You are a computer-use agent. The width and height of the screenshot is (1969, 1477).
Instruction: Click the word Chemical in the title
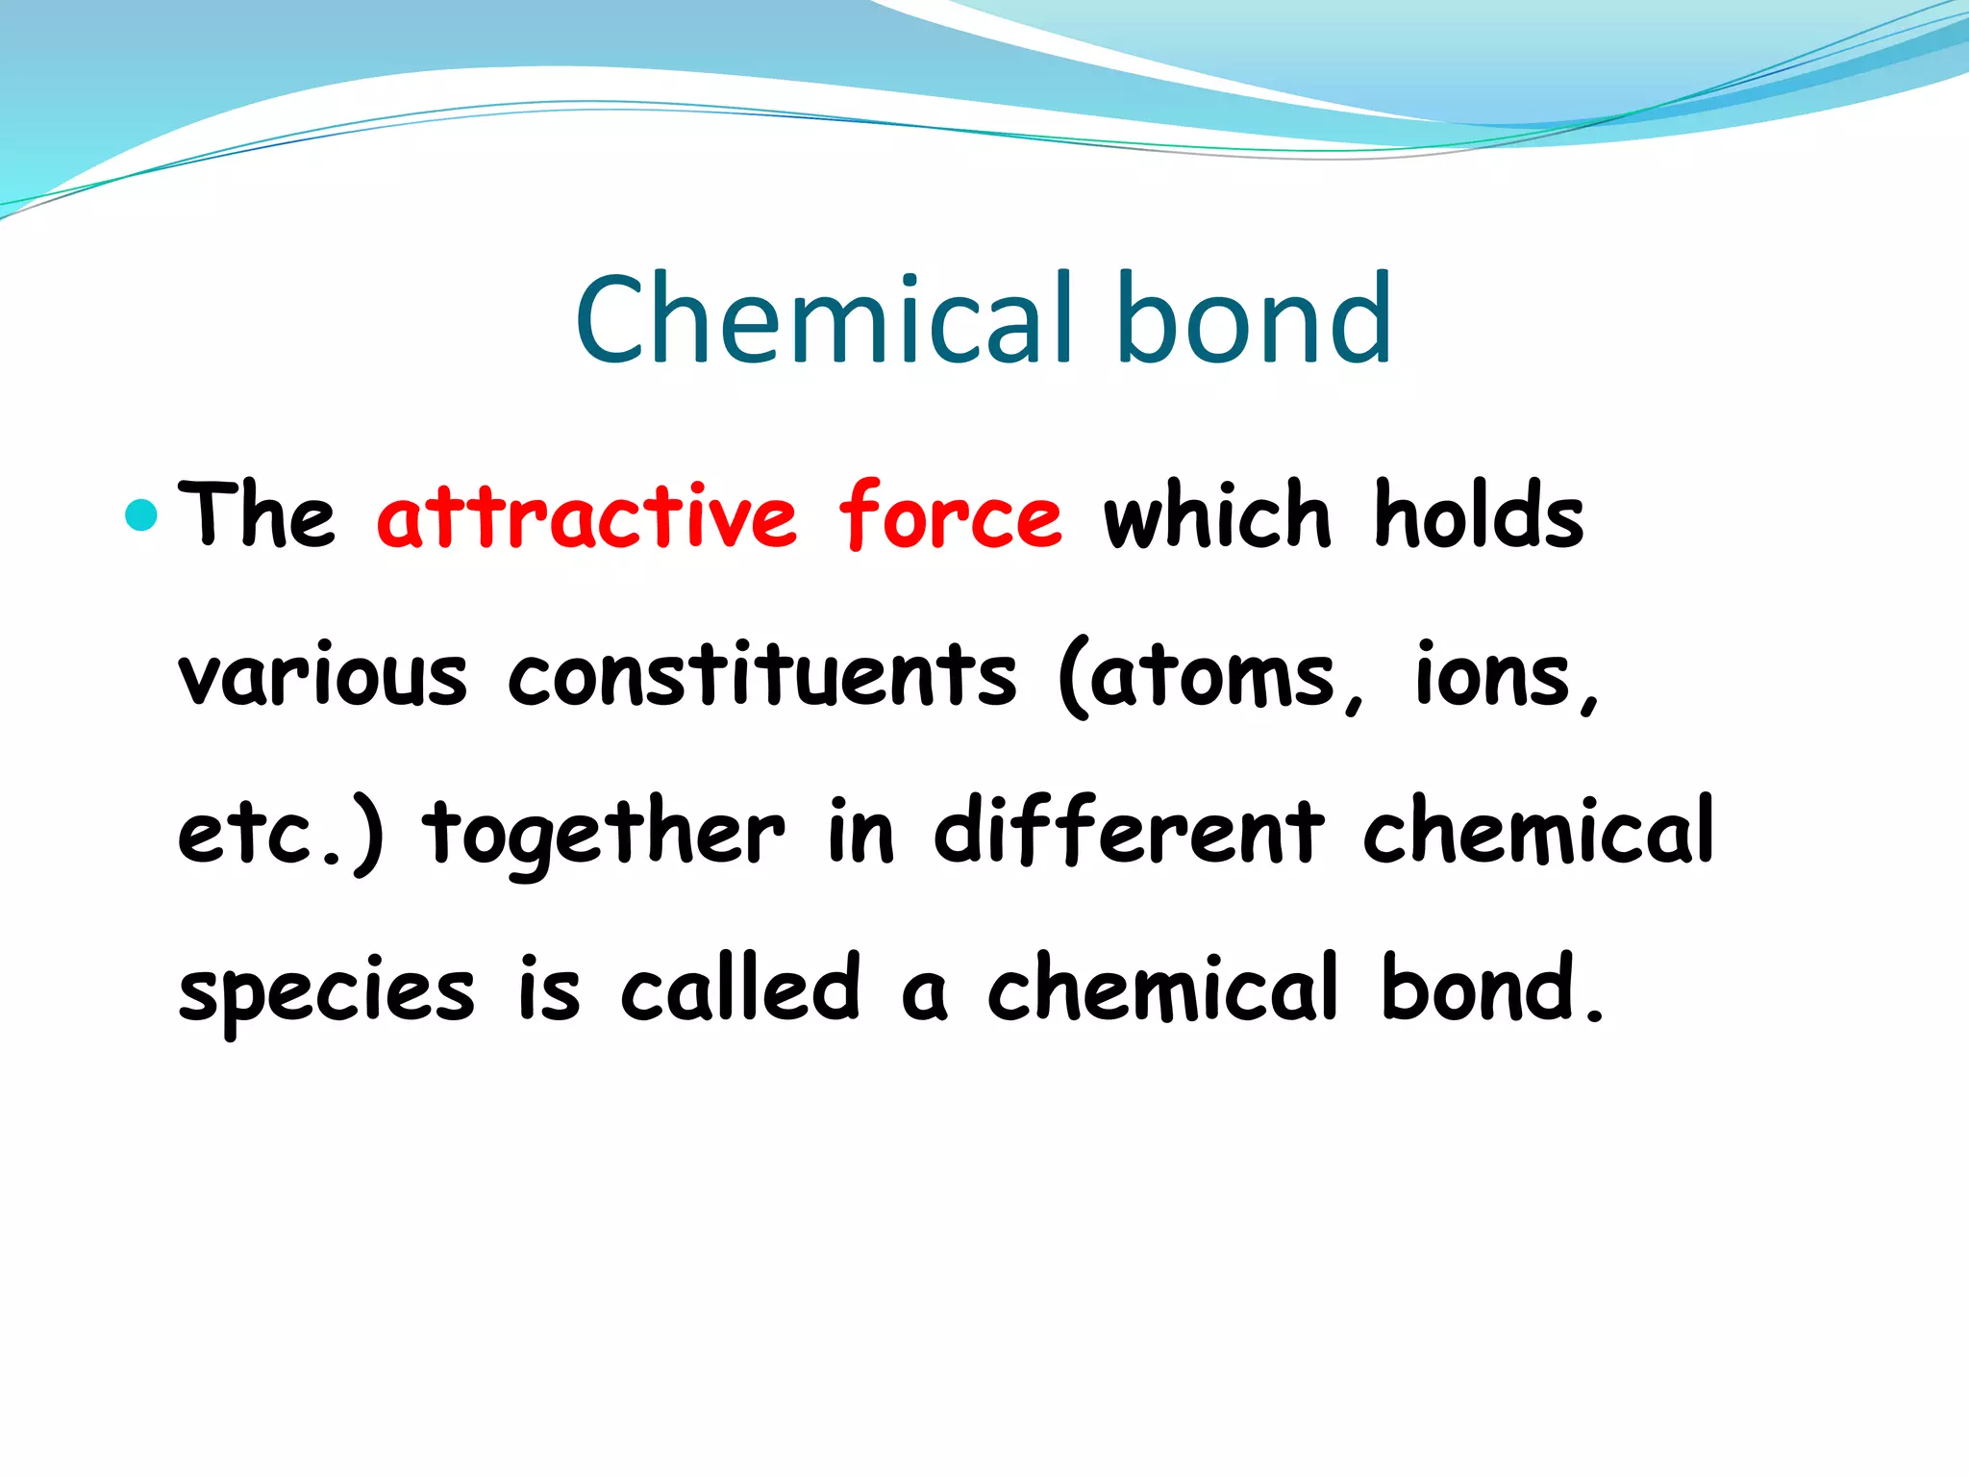[x=823, y=319]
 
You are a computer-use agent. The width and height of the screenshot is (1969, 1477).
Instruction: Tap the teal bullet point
[x=141, y=515]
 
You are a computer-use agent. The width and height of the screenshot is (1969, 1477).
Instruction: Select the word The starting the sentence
[x=257, y=517]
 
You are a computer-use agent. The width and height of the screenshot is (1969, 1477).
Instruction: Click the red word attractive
[x=587, y=517]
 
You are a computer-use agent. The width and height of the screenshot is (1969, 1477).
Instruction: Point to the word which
[x=1217, y=517]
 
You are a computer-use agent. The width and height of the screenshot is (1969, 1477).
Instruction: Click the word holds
[x=1478, y=517]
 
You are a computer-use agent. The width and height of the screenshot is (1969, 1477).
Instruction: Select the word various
[x=323, y=676]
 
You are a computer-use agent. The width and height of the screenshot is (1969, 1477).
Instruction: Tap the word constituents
[x=761, y=676]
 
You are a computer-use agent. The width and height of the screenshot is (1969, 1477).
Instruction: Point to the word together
[x=604, y=834]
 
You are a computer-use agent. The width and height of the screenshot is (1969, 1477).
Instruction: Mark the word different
[x=1129, y=834]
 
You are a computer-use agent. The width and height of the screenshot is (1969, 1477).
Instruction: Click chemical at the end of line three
[x=1538, y=832]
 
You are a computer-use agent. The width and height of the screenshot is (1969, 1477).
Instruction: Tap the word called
[x=740, y=990]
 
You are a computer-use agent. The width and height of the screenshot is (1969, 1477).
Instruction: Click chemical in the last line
[x=1162, y=990]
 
